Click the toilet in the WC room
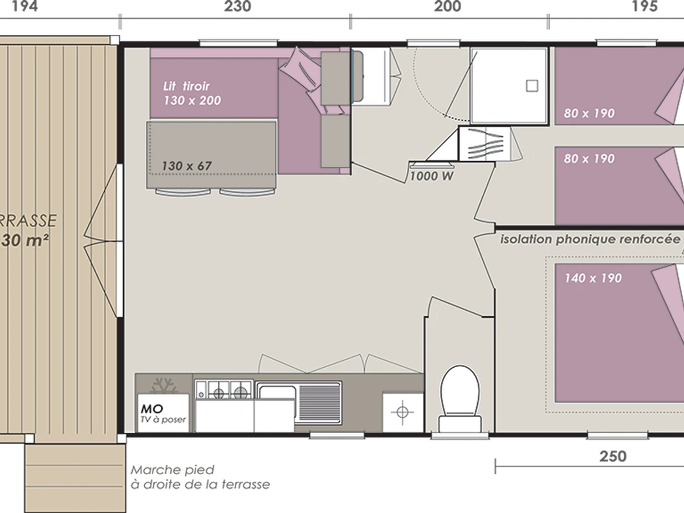click(x=460, y=399)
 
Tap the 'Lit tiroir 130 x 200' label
click(x=192, y=93)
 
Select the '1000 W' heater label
click(x=431, y=176)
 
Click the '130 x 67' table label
click(x=186, y=166)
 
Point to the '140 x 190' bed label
click(x=593, y=278)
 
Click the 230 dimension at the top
click(x=238, y=6)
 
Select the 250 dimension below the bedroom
click(x=613, y=457)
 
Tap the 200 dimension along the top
click(x=447, y=6)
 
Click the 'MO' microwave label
click(x=152, y=409)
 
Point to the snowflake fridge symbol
click(x=164, y=386)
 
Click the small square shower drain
click(x=532, y=85)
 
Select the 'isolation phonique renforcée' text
click(x=590, y=239)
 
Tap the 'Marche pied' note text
click(x=172, y=470)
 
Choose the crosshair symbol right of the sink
click(x=402, y=412)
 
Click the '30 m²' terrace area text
click(x=25, y=241)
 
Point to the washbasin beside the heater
click(x=484, y=144)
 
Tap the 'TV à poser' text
click(x=163, y=420)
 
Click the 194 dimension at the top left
click(x=25, y=6)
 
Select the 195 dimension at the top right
click(x=645, y=6)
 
